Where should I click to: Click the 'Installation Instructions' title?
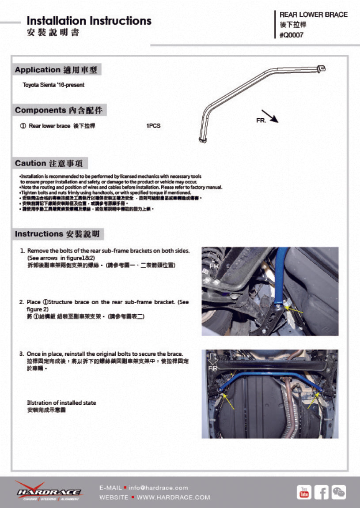coord(89,21)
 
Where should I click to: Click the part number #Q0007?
coord(292,36)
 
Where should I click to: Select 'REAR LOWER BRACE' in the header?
coord(313,15)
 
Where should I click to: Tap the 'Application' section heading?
coord(56,70)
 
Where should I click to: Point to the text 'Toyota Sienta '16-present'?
coord(53,85)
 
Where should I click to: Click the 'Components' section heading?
coord(59,110)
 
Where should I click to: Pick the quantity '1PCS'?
coord(153,126)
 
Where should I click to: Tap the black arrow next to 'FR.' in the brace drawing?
coord(269,116)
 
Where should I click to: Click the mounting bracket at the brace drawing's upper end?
coord(322,68)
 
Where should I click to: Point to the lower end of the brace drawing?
coord(203,139)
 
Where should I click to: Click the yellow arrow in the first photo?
coord(296,310)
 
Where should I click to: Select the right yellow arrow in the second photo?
coord(313,401)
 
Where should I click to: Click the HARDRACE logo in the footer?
coord(49,491)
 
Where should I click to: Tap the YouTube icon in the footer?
coord(304,492)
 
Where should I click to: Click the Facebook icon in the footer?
coord(321,492)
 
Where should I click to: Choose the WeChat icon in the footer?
coord(339,492)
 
